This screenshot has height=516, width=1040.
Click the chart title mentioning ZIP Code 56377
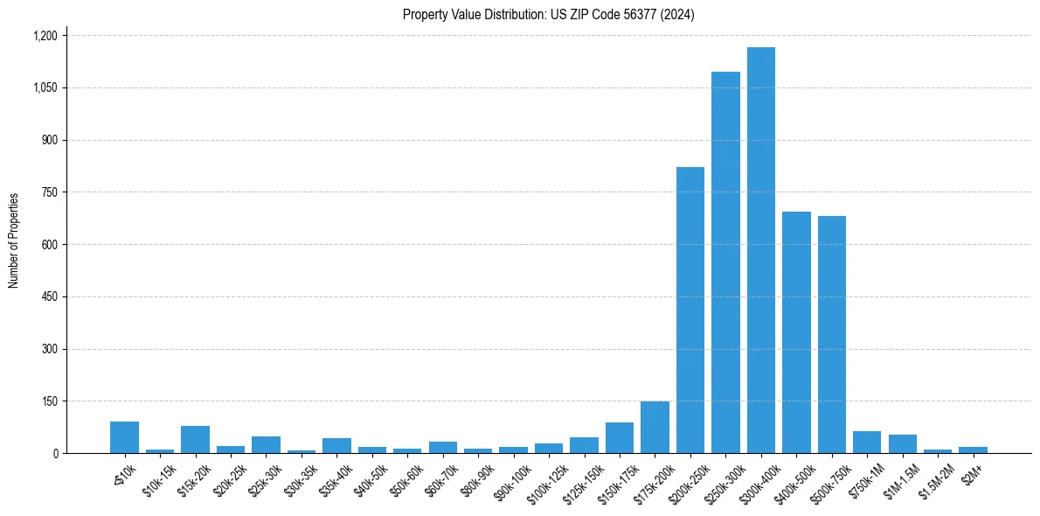click(548, 15)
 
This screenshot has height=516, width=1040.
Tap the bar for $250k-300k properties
click(725, 262)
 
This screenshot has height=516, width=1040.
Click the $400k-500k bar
click(796, 332)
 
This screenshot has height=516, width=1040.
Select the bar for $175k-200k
click(655, 428)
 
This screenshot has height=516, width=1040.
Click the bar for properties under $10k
click(124, 437)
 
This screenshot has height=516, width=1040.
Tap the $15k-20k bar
click(195, 440)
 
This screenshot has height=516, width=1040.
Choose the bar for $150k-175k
click(620, 438)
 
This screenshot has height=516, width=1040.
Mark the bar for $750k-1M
click(867, 443)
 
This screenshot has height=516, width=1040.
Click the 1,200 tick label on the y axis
click(45, 36)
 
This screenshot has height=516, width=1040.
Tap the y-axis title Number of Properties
click(14, 241)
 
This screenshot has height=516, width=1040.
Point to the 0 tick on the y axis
click(55, 454)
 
